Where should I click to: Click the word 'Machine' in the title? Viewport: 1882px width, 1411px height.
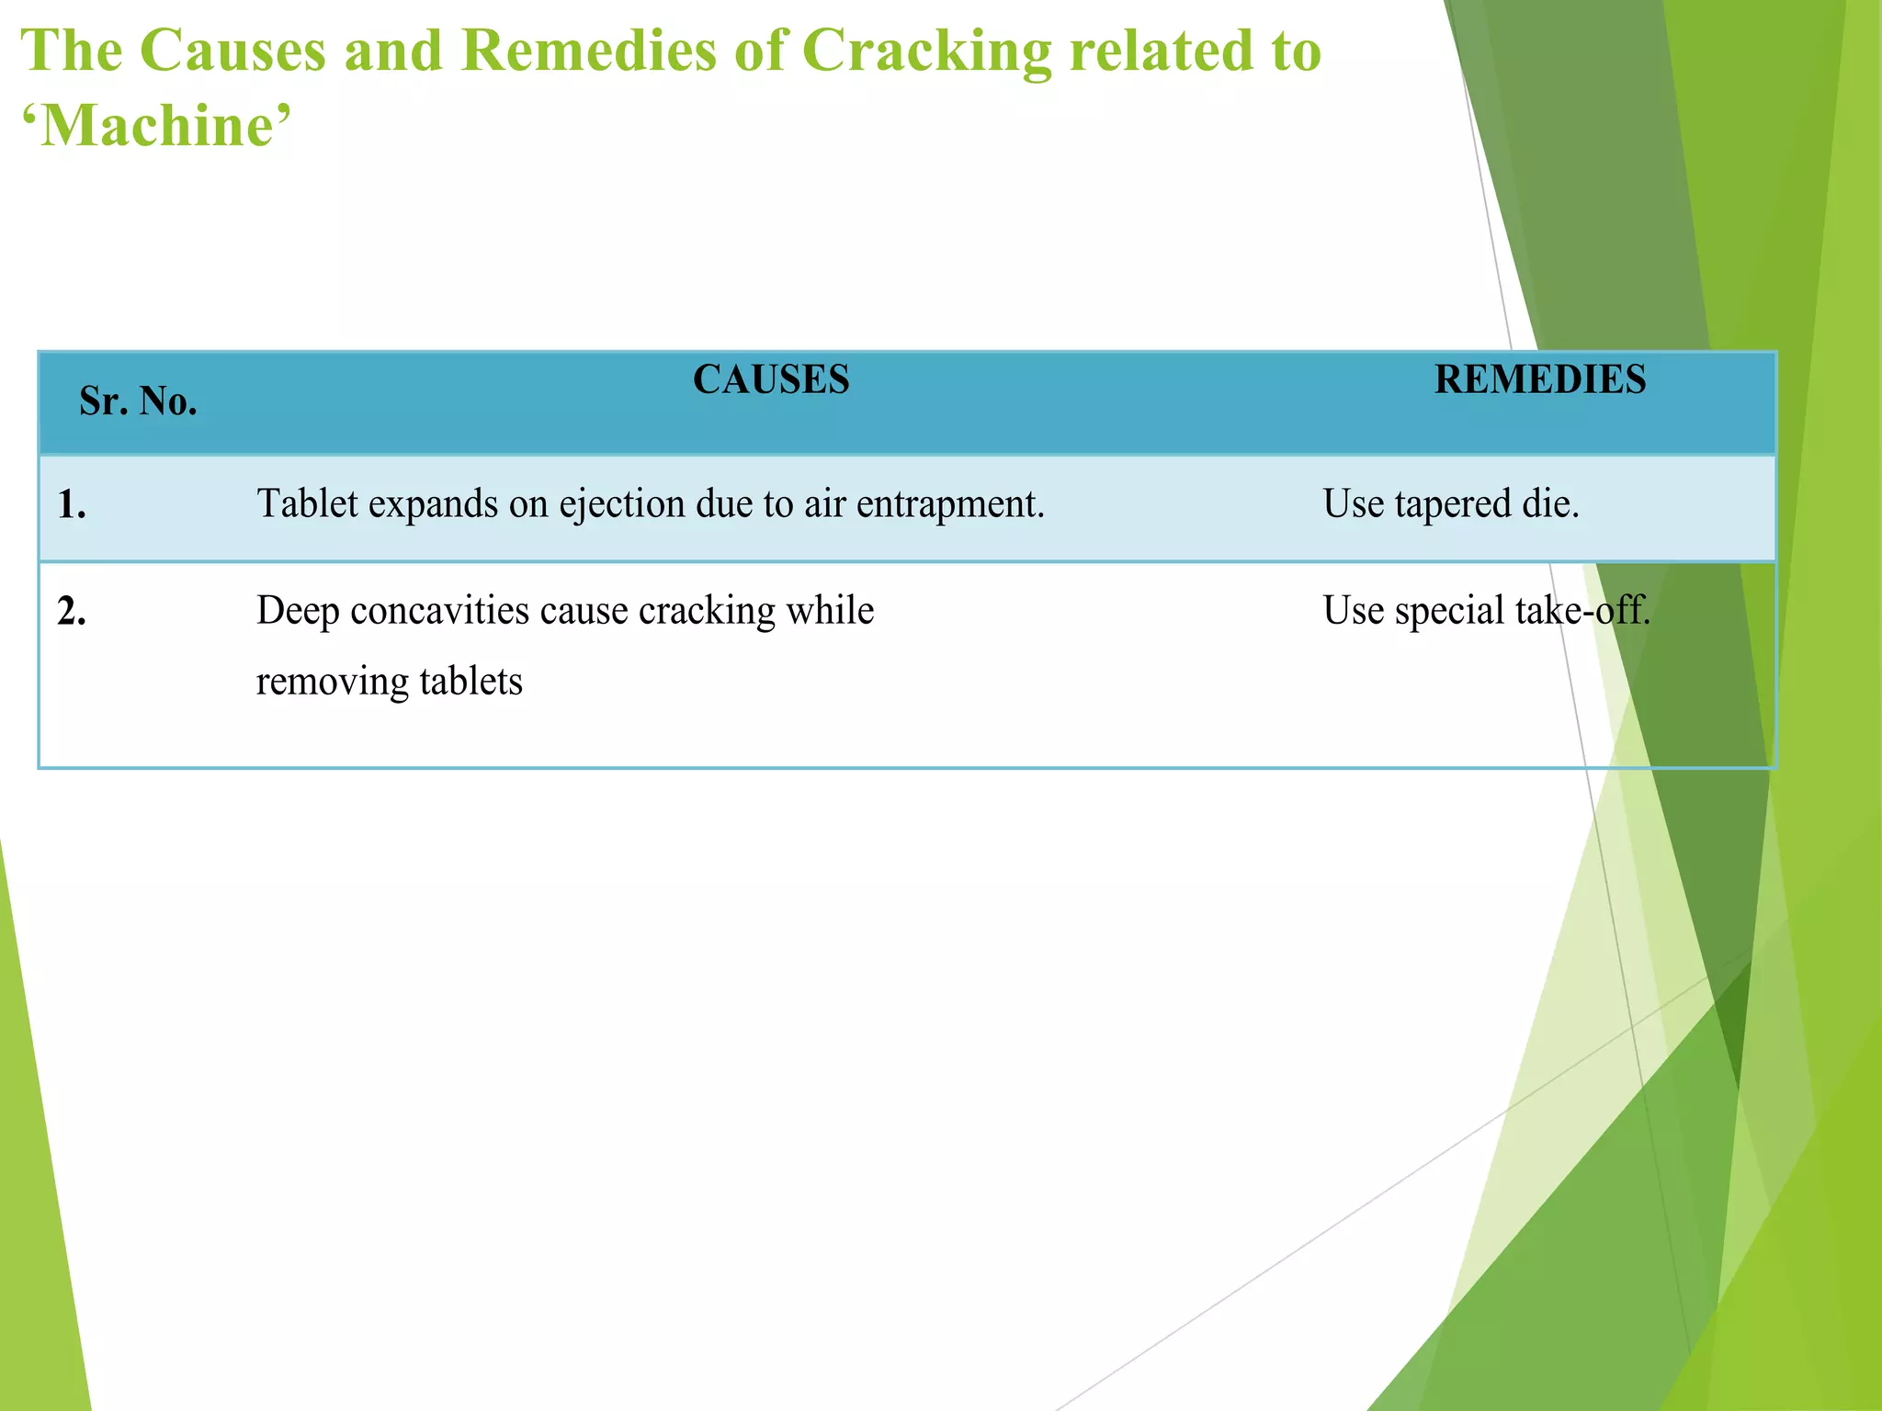156,126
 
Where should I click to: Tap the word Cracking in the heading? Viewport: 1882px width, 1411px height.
926,51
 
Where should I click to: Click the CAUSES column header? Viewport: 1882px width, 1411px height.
771,379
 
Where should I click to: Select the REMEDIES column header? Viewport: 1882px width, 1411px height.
1540,379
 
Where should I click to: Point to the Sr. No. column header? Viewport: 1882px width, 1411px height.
138,401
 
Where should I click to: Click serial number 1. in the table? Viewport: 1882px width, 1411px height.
72,504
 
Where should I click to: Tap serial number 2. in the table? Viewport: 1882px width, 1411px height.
72,611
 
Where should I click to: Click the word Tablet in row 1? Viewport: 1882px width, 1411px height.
307,504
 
